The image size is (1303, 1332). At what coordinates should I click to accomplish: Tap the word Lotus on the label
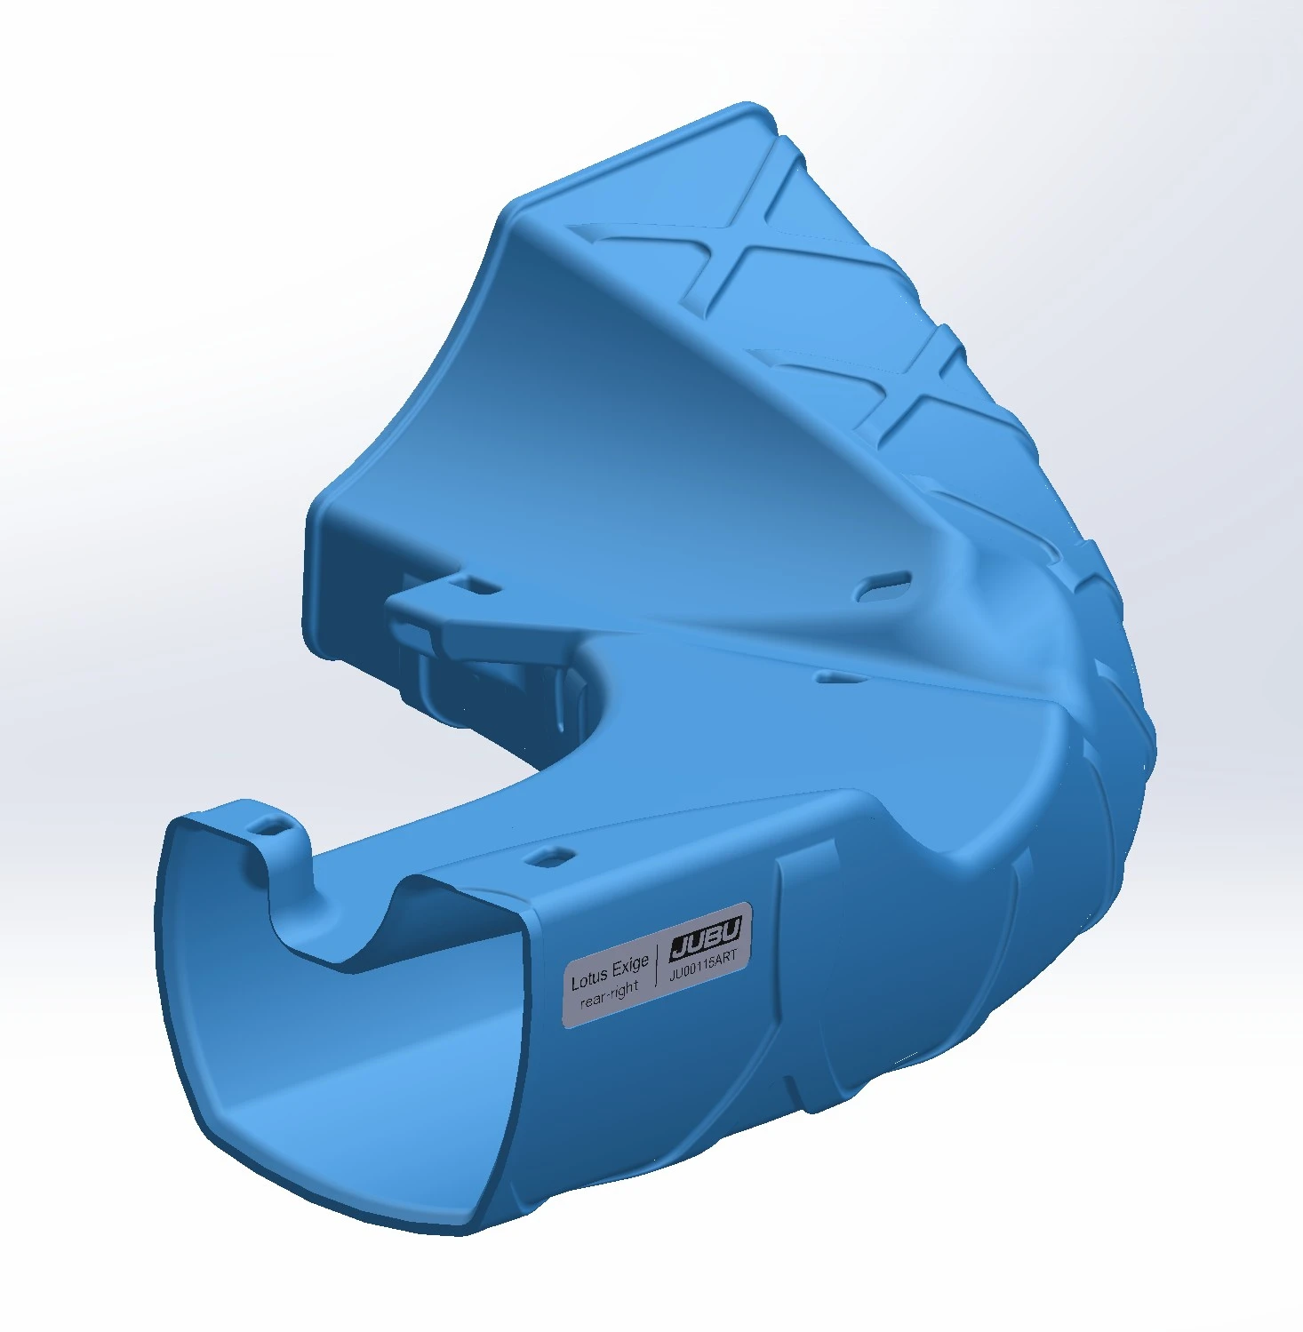tap(589, 979)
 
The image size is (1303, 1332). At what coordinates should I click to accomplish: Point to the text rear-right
tap(610, 994)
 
